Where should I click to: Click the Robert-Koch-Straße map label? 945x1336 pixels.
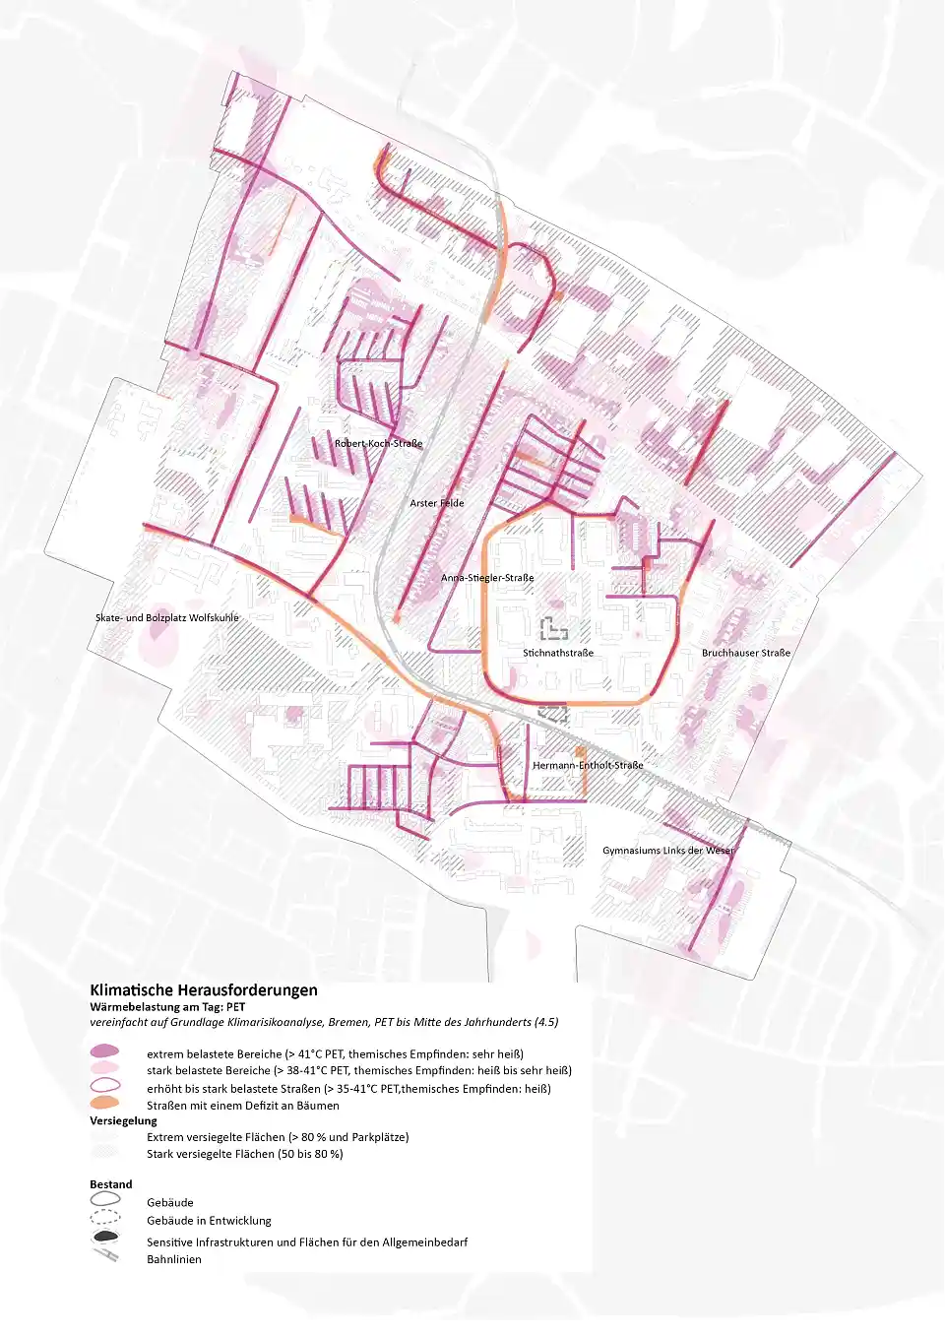click(x=378, y=444)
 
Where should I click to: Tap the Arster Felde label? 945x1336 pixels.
click(x=437, y=503)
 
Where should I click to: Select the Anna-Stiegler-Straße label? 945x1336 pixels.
click(x=487, y=578)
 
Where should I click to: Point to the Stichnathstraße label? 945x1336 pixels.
click(x=558, y=653)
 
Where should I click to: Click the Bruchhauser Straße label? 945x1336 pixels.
click(x=746, y=653)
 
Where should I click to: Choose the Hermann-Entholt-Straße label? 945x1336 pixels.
click(x=588, y=765)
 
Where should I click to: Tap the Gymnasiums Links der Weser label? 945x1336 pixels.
click(x=668, y=851)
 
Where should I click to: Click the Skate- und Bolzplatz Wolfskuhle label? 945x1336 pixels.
click(x=167, y=618)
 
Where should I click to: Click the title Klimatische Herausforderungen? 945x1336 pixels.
click(x=204, y=990)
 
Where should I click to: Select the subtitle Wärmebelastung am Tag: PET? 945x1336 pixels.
click(x=167, y=1007)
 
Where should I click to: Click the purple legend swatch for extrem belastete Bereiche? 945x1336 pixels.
click(x=104, y=1052)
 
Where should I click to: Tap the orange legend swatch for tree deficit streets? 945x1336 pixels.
click(x=104, y=1104)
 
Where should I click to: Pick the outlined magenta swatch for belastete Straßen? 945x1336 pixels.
click(x=104, y=1086)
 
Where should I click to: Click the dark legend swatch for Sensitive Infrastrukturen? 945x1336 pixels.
click(x=104, y=1238)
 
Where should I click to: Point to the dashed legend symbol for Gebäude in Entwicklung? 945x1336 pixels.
click(x=104, y=1219)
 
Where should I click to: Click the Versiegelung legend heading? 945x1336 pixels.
click(x=123, y=1120)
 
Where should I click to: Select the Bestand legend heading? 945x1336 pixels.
click(x=110, y=1184)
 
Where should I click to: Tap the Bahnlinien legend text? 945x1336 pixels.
click(x=174, y=1259)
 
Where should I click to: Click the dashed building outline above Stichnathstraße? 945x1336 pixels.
click(x=553, y=627)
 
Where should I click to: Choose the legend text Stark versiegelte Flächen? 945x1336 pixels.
click(x=245, y=1154)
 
